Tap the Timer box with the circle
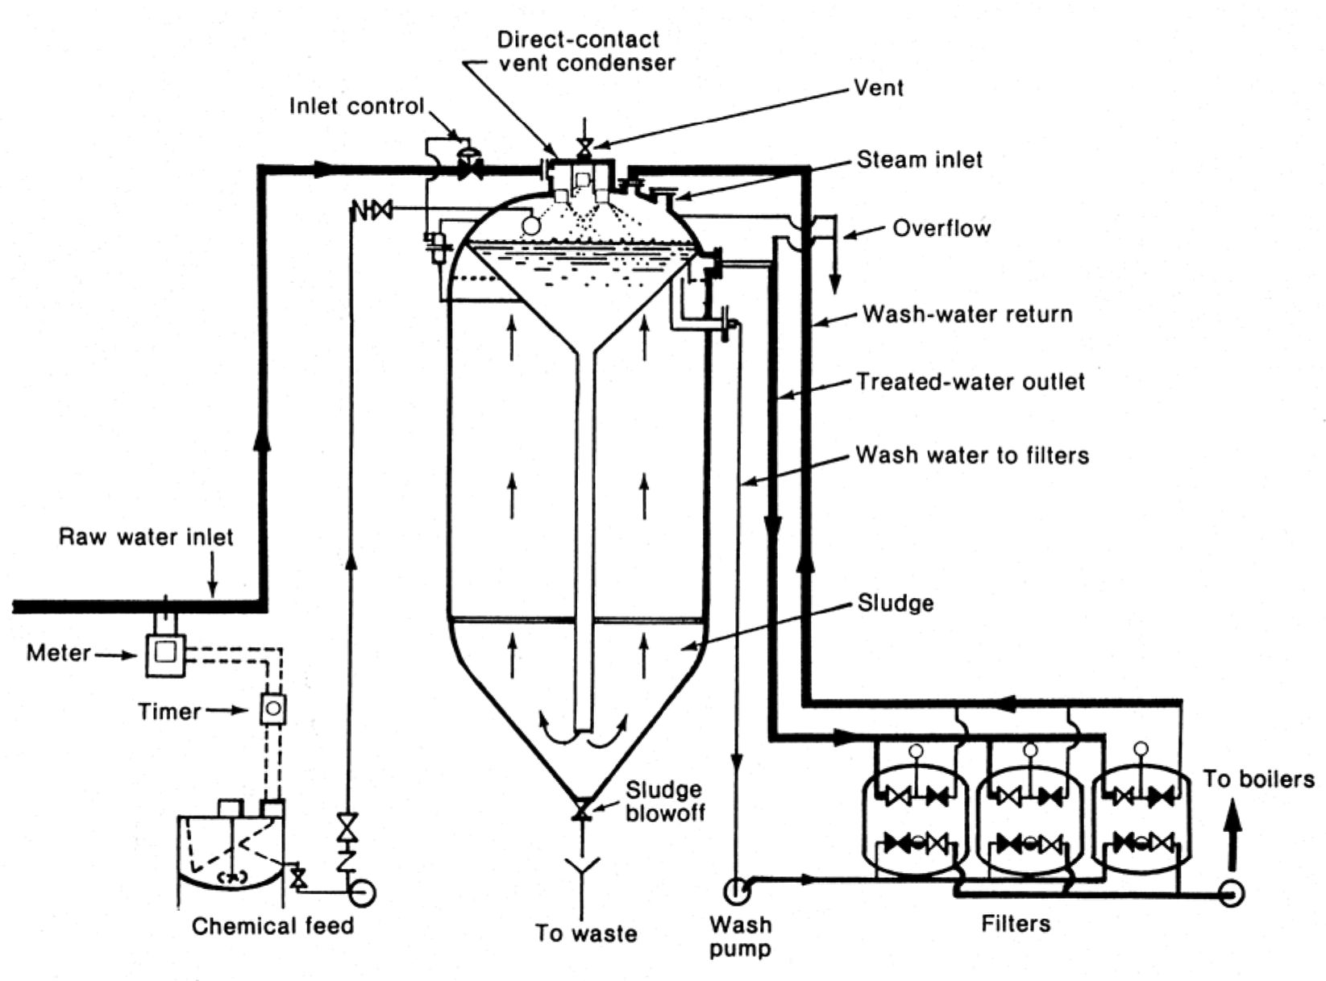tap(273, 709)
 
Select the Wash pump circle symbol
tap(737, 891)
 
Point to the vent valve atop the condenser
tap(584, 147)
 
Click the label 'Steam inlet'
tap(919, 160)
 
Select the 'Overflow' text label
tap(941, 228)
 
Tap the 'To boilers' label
tap(1257, 779)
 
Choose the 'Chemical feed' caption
tap(272, 925)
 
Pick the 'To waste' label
tap(586, 933)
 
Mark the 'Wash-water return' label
tap(967, 314)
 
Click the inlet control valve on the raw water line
tap(468, 168)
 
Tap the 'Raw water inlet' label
tap(146, 537)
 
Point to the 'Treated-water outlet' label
tap(971, 381)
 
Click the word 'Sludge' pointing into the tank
tap(895, 603)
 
